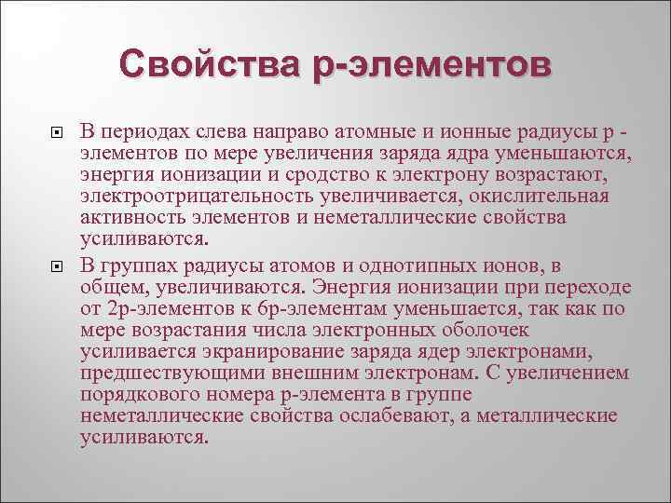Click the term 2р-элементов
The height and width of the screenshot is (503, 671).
(x=164, y=309)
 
